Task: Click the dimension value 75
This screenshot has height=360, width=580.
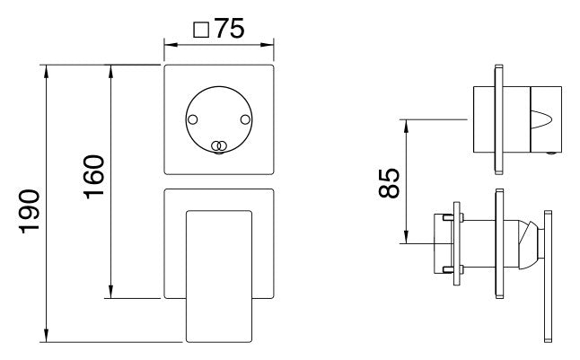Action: (x=229, y=28)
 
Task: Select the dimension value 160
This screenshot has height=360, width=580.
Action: (x=94, y=177)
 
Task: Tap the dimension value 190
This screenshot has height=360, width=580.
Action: (x=30, y=212)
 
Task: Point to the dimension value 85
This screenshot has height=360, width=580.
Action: (x=389, y=183)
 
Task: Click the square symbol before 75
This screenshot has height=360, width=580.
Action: (x=201, y=30)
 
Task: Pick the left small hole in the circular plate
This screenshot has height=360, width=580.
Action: (x=193, y=119)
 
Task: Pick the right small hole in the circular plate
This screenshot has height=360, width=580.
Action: (x=245, y=119)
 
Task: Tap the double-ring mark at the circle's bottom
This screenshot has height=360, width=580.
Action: (x=218, y=146)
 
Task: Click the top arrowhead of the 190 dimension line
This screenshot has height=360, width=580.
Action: (x=46, y=71)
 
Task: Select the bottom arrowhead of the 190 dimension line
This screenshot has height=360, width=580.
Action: (x=46, y=336)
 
